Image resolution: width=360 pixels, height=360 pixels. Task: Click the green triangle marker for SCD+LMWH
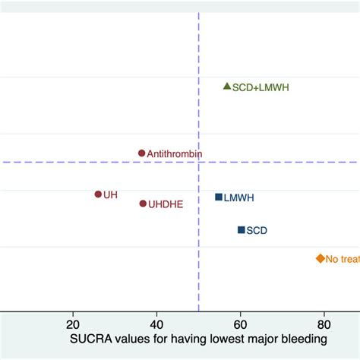[226, 87]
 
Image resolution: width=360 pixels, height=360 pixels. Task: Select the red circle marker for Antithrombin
[141, 153]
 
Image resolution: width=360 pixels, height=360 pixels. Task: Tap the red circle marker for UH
[98, 194]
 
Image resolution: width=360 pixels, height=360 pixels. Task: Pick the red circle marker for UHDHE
[143, 204]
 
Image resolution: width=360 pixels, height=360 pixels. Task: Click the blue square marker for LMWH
[219, 197]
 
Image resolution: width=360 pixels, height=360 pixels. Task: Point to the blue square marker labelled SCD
[241, 229]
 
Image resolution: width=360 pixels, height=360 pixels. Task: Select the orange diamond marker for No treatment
[320, 258]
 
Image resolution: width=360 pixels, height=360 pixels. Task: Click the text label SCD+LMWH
[261, 88]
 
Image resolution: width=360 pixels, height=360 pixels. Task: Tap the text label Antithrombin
[175, 153]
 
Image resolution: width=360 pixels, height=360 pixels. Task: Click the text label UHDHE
[166, 204]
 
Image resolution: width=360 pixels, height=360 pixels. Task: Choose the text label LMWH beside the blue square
[239, 198]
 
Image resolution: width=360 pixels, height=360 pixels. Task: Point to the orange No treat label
[342, 259]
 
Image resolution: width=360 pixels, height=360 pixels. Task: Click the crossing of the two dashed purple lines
[198, 162]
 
